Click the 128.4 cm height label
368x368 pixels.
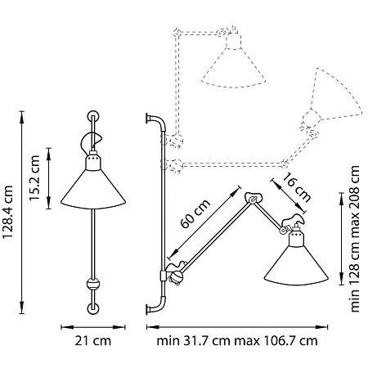click(7, 212)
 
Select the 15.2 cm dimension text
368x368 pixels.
click(34, 178)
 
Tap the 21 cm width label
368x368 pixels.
click(93, 341)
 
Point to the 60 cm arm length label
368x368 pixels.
click(195, 213)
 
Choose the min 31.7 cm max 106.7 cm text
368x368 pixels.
click(237, 341)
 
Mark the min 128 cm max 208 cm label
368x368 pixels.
click(355, 239)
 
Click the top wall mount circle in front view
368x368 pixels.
click(93, 116)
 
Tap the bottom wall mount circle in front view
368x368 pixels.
click(93, 309)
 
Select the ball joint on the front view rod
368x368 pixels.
click(93, 284)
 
